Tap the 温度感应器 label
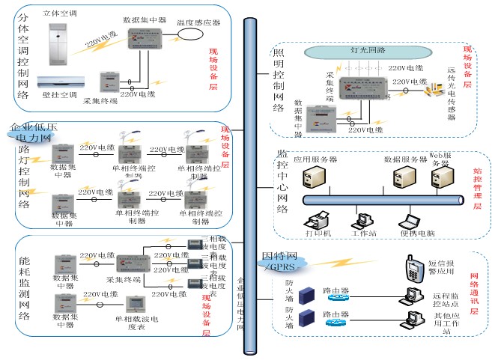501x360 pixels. pyautogui.click(x=199, y=23)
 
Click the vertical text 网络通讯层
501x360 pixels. pyautogui.click(x=473, y=293)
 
